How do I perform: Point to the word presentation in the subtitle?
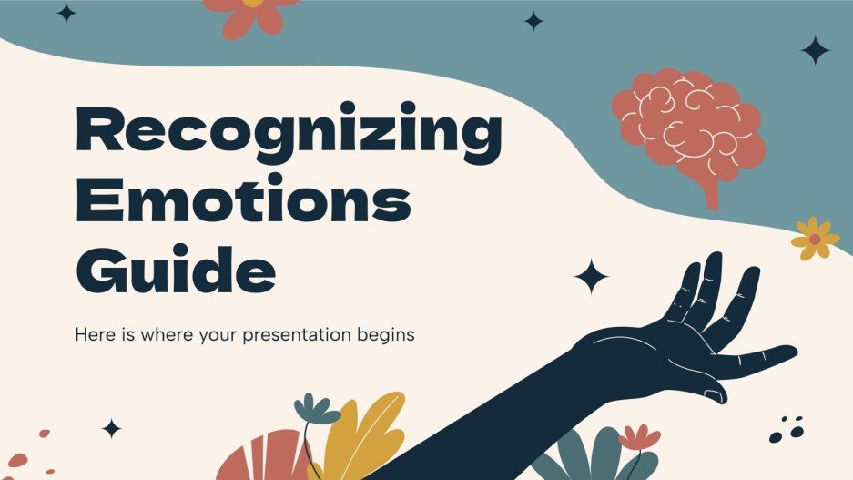coord(300,335)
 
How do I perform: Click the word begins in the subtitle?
coord(386,335)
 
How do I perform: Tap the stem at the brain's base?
coord(707,192)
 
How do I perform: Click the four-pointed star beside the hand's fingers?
coord(592,276)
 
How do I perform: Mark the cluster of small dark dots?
coord(785,429)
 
